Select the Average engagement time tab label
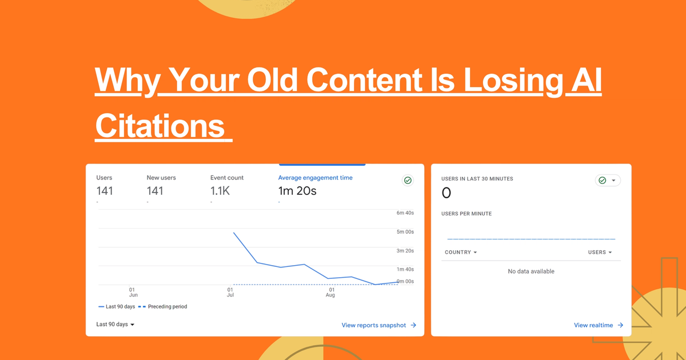click(x=315, y=178)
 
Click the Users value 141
click(x=105, y=191)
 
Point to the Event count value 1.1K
click(x=220, y=191)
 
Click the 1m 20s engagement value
click(x=297, y=191)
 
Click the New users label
click(x=161, y=178)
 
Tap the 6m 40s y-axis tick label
click(x=405, y=213)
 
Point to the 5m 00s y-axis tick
click(x=405, y=232)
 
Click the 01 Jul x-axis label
click(x=230, y=292)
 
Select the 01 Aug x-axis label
click(x=330, y=292)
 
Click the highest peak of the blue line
click(x=234, y=233)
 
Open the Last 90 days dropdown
click(x=115, y=325)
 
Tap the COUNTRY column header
click(x=460, y=252)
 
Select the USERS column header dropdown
click(x=600, y=252)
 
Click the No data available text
click(x=531, y=271)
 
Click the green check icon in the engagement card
click(x=408, y=181)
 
